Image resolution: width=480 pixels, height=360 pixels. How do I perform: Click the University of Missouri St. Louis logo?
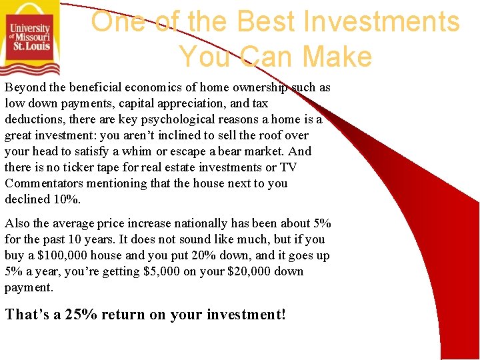pos(30,38)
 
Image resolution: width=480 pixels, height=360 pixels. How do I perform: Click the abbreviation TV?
pos(288,167)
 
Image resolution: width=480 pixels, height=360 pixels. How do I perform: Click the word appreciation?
pos(182,103)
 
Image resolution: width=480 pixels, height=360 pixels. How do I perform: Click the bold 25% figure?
pos(80,314)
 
